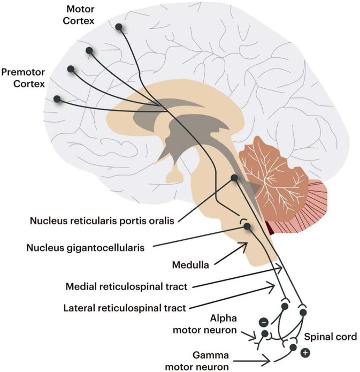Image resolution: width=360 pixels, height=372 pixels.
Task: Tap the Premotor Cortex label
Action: pyautogui.click(x=23, y=78)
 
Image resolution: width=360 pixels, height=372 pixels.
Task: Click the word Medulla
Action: pyautogui.click(x=188, y=264)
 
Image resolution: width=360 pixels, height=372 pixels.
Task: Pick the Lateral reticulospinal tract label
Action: pyautogui.click(x=124, y=308)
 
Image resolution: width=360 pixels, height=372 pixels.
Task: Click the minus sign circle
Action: pyautogui.click(x=263, y=322)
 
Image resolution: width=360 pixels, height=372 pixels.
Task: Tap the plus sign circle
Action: pyautogui.click(x=305, y=353)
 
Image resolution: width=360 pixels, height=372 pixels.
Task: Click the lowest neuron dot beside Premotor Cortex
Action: pyautogui.click(x=57, y=99)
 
